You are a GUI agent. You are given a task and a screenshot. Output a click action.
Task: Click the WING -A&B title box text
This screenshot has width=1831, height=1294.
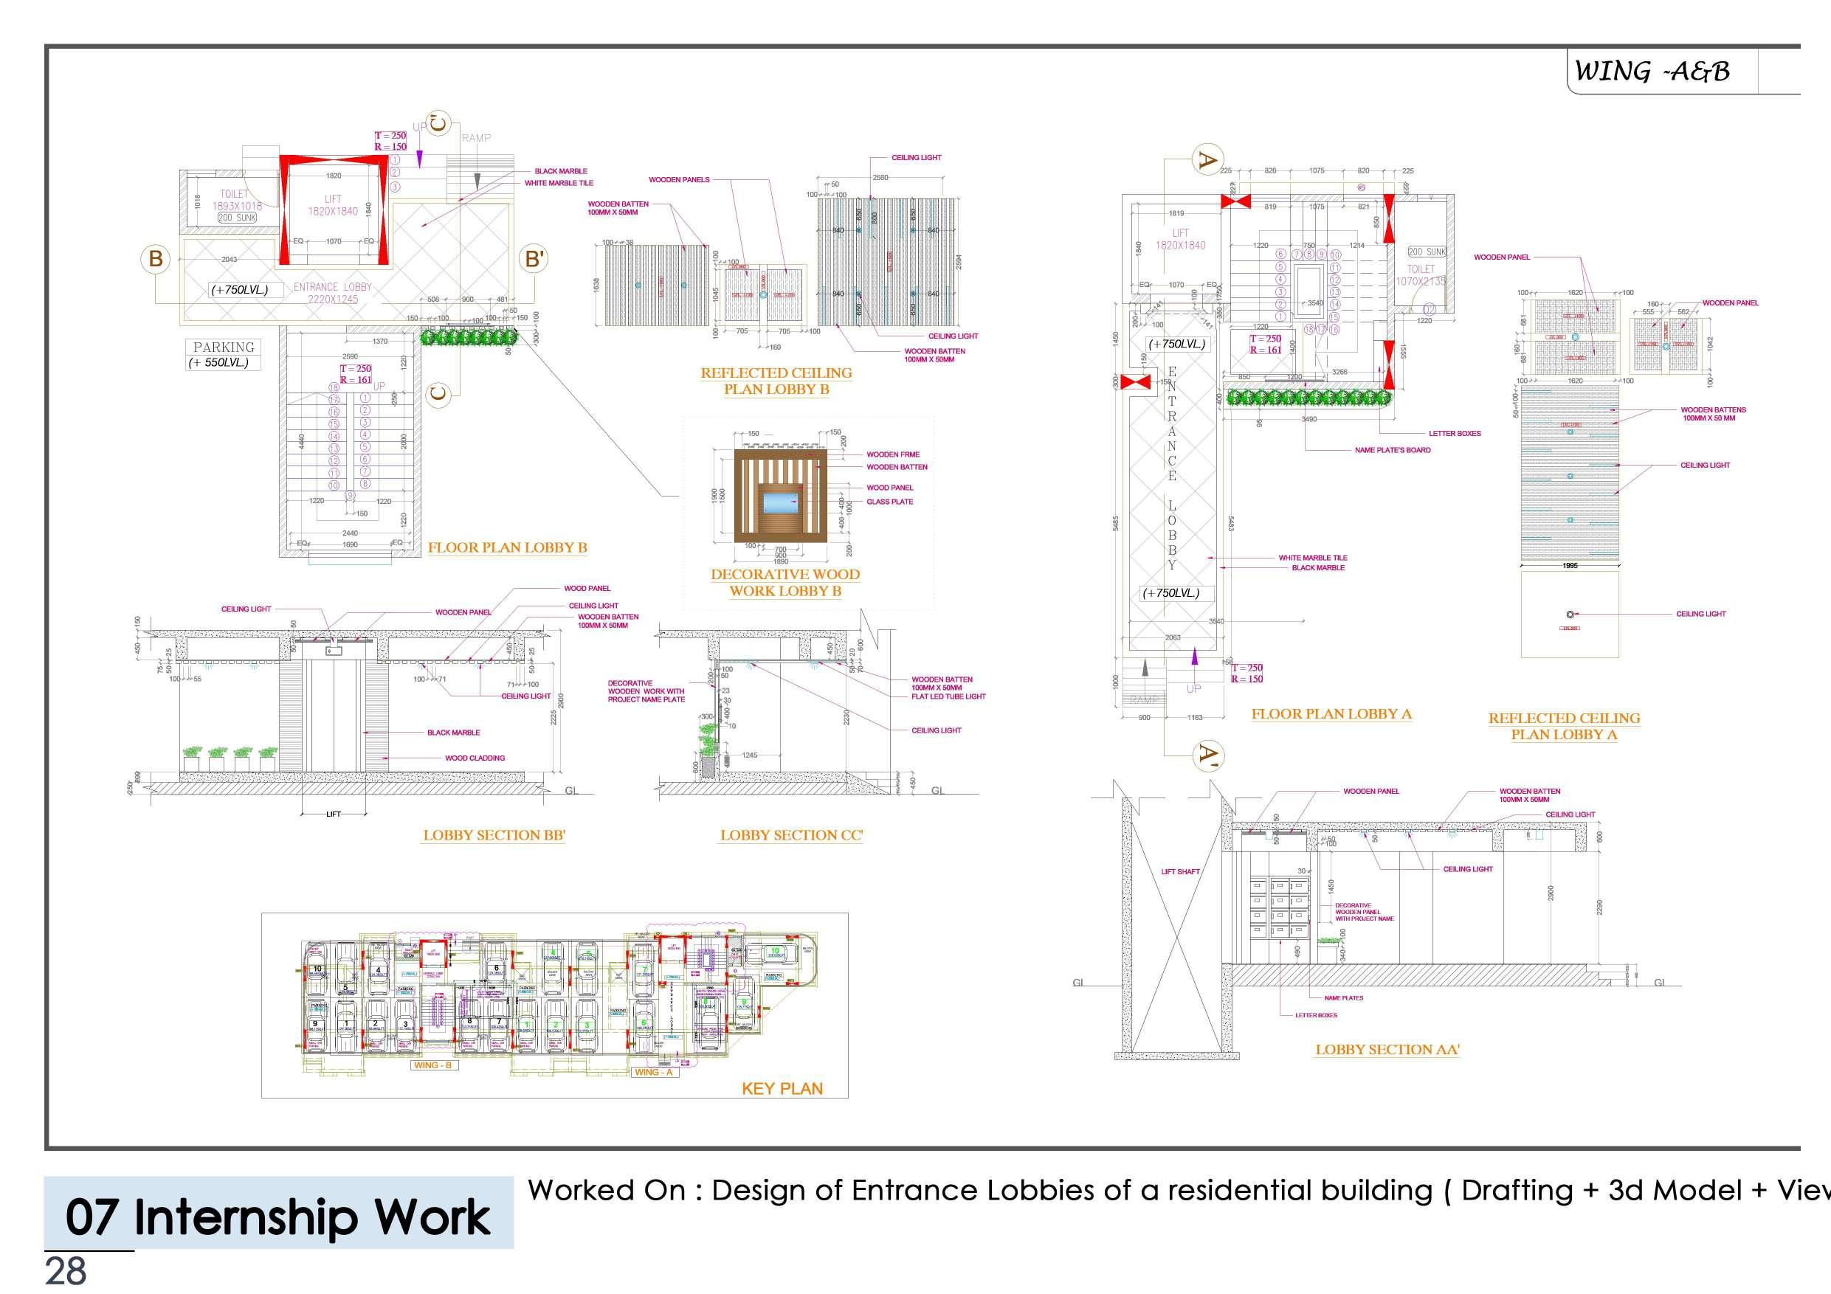coord(1652,72)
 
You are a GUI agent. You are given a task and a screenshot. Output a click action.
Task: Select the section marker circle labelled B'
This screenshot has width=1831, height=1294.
coord(534,258)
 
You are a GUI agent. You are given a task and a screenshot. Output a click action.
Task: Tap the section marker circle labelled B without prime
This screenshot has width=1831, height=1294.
coord(156,258)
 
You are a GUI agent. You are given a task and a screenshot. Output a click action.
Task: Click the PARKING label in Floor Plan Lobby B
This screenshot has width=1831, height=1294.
coord(224,347)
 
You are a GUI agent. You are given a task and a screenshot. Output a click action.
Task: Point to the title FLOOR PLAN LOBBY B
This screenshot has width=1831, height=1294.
coord(507,547)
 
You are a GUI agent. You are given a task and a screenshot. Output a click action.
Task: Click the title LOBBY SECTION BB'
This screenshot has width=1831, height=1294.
coord(494,835)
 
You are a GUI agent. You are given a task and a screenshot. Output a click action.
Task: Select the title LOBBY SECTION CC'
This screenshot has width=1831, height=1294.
coord(791,835)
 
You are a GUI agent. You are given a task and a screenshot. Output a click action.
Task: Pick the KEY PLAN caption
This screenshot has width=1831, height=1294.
coord(782,1088)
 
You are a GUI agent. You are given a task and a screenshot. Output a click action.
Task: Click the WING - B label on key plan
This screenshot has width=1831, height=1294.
coord(432,1065)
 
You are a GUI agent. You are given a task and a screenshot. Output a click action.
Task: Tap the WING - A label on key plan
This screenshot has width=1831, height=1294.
coord(653,1073)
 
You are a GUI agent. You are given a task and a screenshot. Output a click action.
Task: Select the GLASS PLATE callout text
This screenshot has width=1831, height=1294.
coord(889,502)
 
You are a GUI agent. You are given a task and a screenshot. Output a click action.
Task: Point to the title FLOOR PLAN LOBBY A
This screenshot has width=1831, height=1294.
coord(1331,713)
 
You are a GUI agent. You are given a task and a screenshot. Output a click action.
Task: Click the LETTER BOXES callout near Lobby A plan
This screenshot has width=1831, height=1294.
coord(1455,434)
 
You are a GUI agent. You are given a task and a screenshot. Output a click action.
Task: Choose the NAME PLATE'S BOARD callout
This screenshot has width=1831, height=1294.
coord(1393,451)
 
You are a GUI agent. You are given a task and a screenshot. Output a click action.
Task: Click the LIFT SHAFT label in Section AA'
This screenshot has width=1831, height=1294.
coord(1180,871)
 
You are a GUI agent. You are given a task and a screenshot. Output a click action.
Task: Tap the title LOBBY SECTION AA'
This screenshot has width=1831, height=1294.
coord(1387,1049)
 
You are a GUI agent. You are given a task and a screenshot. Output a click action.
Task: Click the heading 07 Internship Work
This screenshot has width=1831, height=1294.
coord(277,1217)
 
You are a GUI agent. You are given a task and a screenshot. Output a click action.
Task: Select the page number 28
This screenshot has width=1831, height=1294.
coord(66,1271)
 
